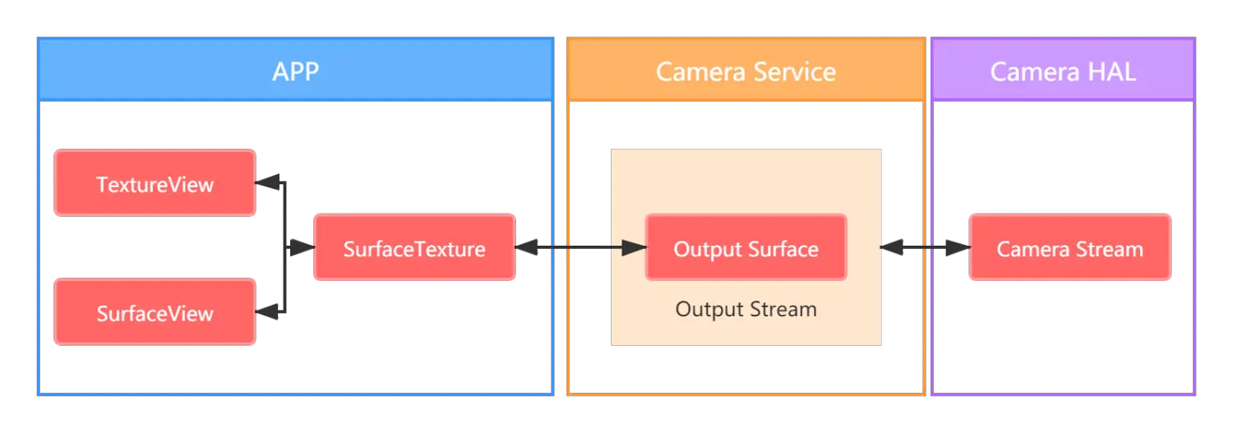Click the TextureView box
point(155,183)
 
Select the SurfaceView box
point(155,312)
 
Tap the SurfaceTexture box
point(414,248)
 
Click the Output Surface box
point(746,248)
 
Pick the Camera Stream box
point(1069,248)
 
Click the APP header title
point(295,71)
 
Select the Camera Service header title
point(746,71)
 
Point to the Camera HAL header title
point(1063,71)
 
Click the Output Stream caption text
point(746,309)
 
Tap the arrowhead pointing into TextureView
point(267,182)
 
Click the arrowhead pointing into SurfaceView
point(267,311)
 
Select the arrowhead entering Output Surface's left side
point(635,247)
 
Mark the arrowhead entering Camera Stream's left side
point(958,247)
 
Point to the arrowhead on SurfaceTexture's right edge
point(527,247)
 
